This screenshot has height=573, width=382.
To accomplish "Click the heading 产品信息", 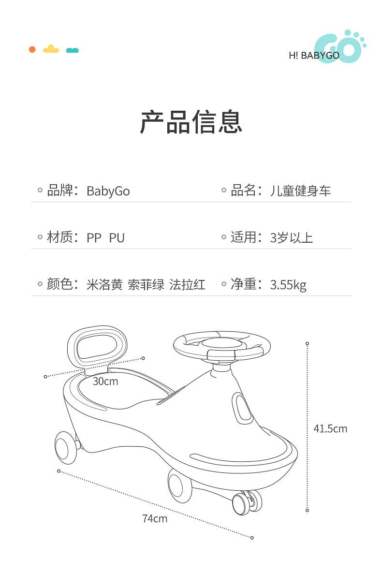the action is point(191,122).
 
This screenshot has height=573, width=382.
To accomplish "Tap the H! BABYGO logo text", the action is point(314,55).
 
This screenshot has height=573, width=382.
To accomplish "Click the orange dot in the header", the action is point(32,49).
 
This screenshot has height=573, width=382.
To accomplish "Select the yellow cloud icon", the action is point(51,49).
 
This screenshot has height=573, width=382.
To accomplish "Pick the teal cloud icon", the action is point(72,50).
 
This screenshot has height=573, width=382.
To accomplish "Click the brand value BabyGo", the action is point(108,191).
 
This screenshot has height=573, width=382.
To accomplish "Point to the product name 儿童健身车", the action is point(300,191).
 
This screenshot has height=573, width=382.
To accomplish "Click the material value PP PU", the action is point(105,237).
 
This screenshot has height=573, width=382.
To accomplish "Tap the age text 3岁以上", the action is point(292,237).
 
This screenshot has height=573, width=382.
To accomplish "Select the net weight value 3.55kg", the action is point(288,284).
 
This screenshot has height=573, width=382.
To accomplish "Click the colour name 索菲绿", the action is point(146,284).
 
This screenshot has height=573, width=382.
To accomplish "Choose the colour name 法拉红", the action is point(188,284).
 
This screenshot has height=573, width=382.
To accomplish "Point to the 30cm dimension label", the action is point(105,381).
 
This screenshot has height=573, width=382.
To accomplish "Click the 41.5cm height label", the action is point(330,428).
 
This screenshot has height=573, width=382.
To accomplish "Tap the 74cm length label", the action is point(155,518).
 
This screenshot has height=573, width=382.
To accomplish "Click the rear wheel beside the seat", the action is point(65,446).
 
